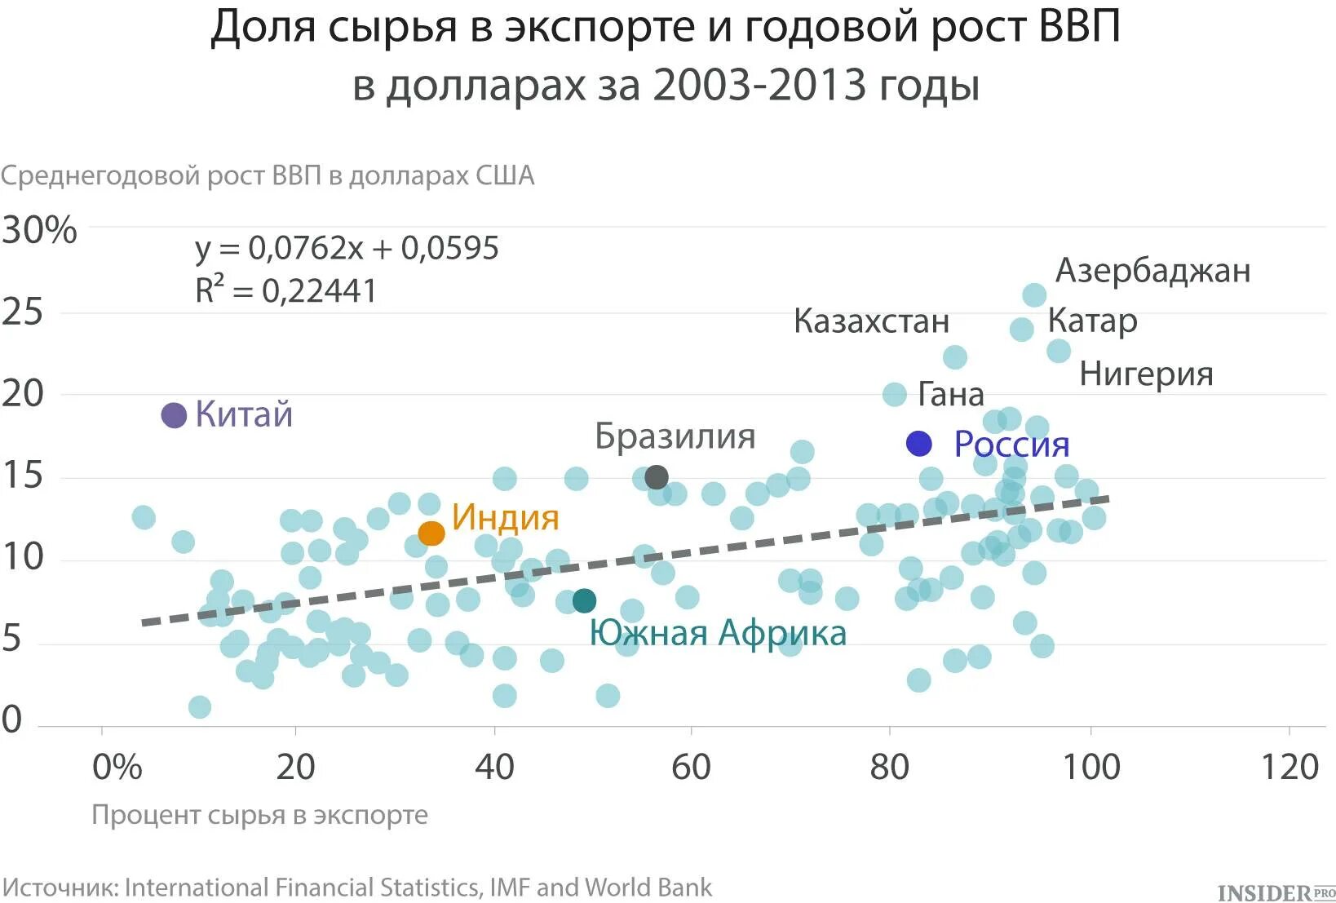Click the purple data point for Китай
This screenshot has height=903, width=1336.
click(x=174, y=415)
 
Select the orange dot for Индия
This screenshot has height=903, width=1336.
click(x=431, y=533)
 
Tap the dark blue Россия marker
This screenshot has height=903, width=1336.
click(x=919, y=444)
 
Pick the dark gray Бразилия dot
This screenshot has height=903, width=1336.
click(x=657, y=477)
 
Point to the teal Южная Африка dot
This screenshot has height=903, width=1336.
click(x=584, y=601)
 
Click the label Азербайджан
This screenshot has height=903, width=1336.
click(x=1152, y=270)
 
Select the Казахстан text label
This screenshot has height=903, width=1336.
click(x=871, y=321)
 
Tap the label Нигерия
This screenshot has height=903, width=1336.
click(x=1146, y=374)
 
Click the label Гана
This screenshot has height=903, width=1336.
click(x=951, y=395)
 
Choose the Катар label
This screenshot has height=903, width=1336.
click(x=1092, y=321)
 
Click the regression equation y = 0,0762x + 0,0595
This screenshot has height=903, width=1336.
click(x=347, y=248)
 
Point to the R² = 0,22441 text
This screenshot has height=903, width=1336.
click(x=285, y=290)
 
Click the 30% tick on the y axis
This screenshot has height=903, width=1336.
click(x=39, y=230)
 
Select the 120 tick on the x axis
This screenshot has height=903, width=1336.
click(x=1290, y=768)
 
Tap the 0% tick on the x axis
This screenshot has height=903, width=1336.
click(x=117, y=768)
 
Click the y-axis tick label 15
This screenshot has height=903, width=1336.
click(x=22, y=475)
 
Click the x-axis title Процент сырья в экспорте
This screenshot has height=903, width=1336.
click(x=259, y=815)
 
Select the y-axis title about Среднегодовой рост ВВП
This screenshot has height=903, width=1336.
click(x=268, y=175)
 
